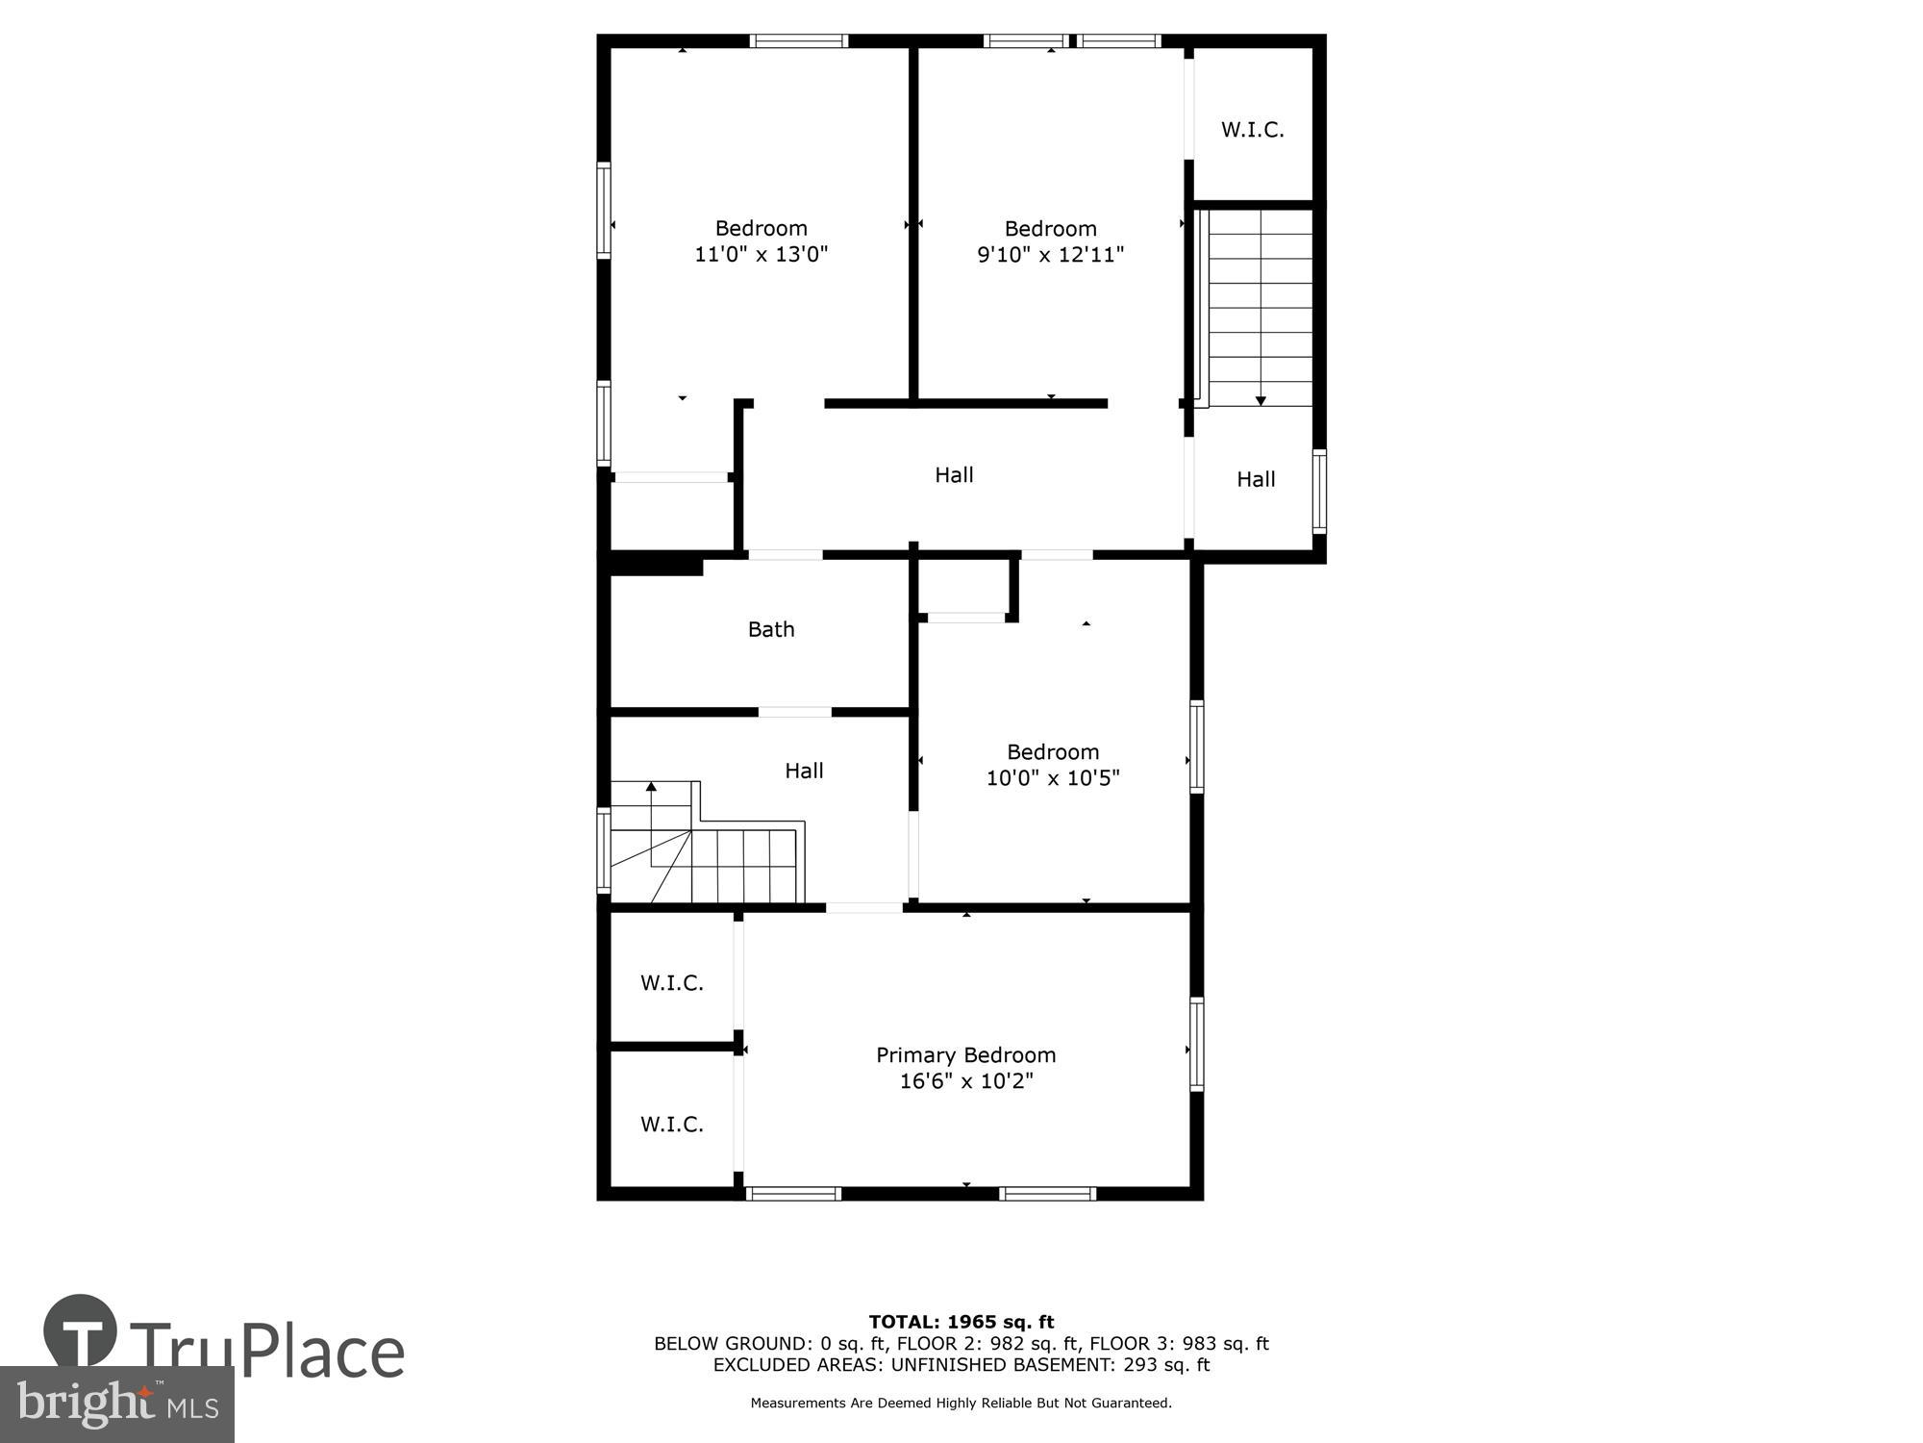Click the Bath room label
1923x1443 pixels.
pyautogui.click(x=771, y=629)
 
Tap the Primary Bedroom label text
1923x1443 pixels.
pyautogui.click(x=965, y=1055)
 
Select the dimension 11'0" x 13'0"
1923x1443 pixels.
pyautogui.click(x=761, y=255)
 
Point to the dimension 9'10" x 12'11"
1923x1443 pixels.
pyautogui.click(x=1050, y=255)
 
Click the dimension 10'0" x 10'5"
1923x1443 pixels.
pyautogui.click(x=1053, y=778)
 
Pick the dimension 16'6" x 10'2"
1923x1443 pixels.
pyautogui.click(x=965, y=1081)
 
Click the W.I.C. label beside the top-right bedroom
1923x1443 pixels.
pyautogui.click(x=1252, y=130)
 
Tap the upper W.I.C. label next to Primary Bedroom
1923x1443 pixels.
pyautogui.click(x=672, y=983)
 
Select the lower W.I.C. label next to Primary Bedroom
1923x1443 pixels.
pyautogui.click(x=672, y=1125)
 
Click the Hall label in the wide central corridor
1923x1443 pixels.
pyautogui.click(x=954, y=475)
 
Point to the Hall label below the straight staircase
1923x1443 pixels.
pyautogui.click(x=1255, y=479)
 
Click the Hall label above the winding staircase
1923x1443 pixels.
pyautogui.click(x=804, y=771)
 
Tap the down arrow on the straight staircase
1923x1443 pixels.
pyautogui.click(x=1261, y=399)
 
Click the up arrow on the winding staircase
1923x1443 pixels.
pyautogui.click(x=651, y=787)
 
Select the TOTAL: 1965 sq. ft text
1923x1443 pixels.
pyautogui.click(x=961, y=1322)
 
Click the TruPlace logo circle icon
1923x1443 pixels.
pyautogui.click(x=81, y=1331)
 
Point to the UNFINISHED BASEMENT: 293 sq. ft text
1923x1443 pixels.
pyautogui.click(x=1050, y=1365)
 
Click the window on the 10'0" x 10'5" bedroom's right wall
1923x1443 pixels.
pyautogui.click(x=1197, y=747)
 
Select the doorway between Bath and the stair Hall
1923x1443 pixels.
pyautogui.click(x=794, y=712)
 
